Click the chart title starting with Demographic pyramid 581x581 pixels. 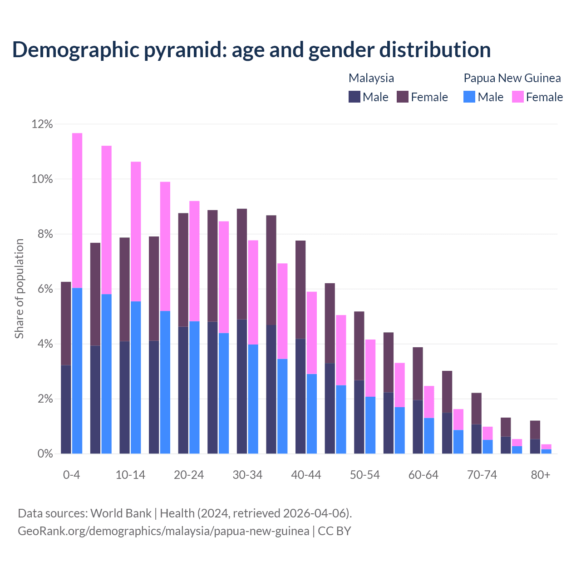coord(251,50)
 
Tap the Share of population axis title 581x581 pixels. coord(19,289)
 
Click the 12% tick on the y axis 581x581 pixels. coord(42,124)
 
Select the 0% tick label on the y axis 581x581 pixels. coord(44,454)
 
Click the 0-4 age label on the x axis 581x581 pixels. coord(72,475)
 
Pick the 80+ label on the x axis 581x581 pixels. coord(541,475)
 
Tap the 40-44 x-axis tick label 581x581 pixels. coord(306,475)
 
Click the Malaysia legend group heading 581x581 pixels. coord(371,78)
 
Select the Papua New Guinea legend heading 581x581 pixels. coord(512,78)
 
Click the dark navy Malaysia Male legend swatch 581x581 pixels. coord(355,97)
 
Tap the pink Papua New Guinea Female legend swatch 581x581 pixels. coord(518,97)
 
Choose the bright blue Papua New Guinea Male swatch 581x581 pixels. coord(469,97)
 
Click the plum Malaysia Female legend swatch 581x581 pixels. coord(403,97)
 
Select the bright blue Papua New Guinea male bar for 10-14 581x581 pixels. coord(136,377)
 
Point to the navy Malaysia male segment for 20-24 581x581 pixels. coord(183,390)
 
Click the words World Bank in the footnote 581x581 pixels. coord(121,513)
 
